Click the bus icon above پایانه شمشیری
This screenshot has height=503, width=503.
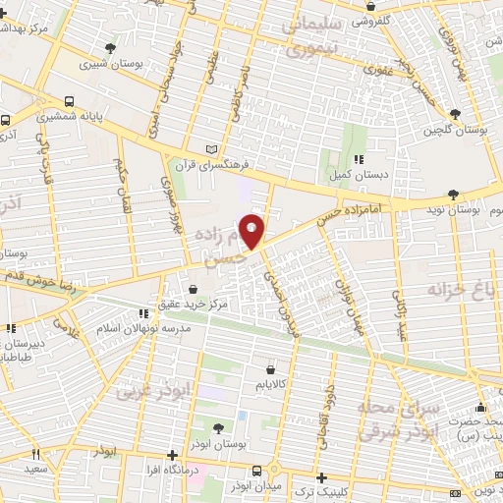point(70,101)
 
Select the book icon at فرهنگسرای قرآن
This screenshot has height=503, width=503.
point(209,149)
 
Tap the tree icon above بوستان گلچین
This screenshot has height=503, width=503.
point(454,115)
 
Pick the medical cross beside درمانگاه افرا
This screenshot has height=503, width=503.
point(174,455)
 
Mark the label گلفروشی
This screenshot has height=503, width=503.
point(355,20)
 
